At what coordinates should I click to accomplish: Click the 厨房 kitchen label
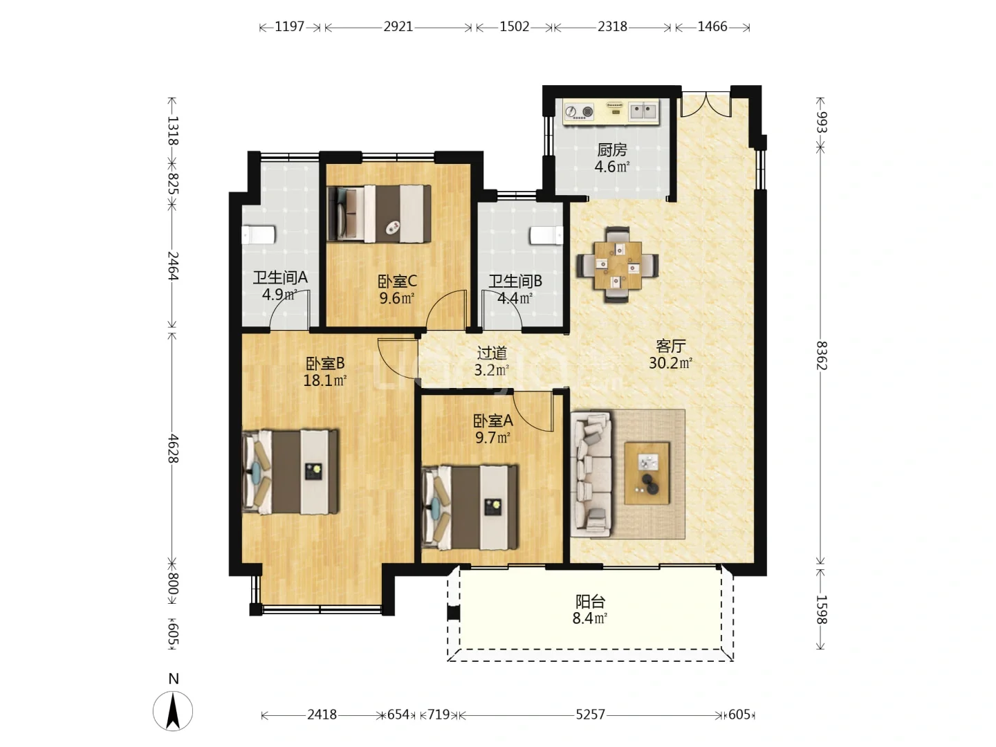(611, 149)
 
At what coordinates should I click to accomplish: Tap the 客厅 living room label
(670, 346)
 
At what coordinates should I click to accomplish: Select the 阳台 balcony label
(590, 602)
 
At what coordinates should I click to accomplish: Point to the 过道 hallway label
(492, 353)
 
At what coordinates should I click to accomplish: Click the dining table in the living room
(618, 265)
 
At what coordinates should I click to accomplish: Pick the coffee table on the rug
(647, 474)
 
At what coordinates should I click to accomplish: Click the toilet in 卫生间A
(259, 235)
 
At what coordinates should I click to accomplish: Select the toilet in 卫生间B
(546, 235)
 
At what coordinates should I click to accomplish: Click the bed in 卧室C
(379, 213)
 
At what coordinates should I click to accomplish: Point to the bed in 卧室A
(470, 507)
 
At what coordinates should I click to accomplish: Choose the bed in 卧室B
(290, 472)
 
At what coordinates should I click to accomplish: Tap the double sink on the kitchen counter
(643, 111)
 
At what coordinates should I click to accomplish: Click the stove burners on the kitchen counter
(578, 111)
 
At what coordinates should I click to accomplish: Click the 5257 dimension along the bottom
(591, 714)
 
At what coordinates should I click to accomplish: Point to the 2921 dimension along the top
(398, 27)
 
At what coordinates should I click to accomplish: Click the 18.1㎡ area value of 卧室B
(325, 380)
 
